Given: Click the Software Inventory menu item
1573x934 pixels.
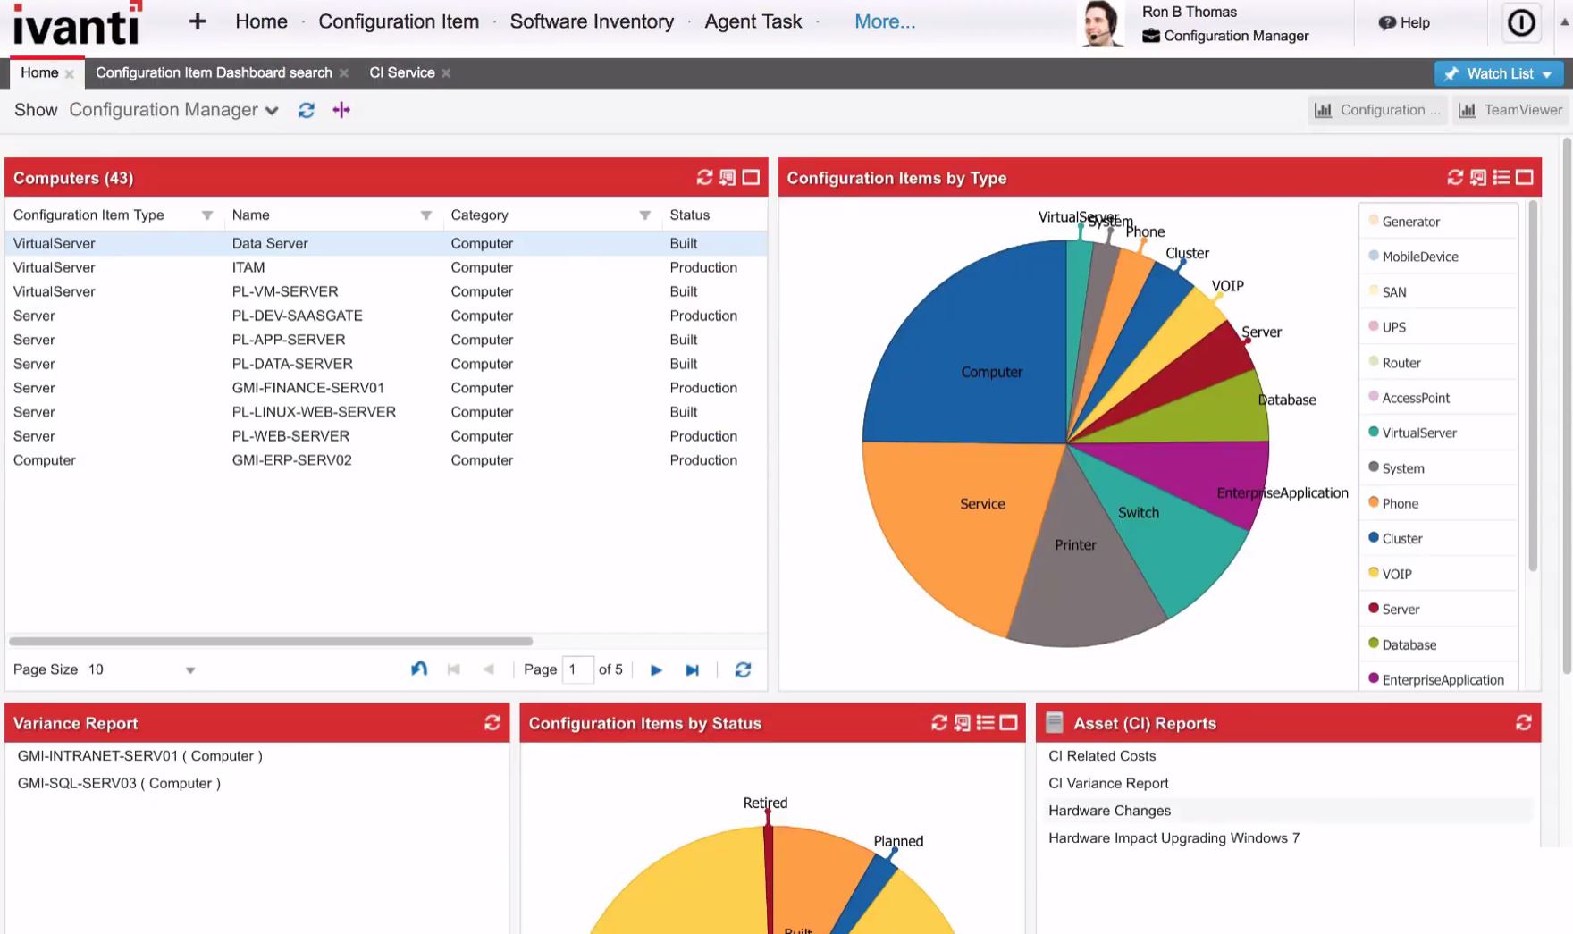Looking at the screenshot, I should pos(592,21).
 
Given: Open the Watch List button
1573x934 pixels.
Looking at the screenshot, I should pos(1499,73).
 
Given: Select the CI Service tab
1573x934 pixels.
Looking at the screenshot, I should pos(401,72).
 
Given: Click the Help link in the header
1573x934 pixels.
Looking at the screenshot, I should pos(1405,22).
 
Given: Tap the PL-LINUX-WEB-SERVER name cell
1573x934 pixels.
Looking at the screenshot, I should pos(314,412).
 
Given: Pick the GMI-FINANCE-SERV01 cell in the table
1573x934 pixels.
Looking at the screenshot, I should pos(307,388).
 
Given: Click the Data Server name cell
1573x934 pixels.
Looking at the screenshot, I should pos(270,243).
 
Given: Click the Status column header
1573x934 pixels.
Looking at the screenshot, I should pos(689,215).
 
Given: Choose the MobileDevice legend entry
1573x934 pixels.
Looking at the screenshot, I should pos(1419,257).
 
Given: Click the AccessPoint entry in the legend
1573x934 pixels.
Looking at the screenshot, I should pos(1416,398).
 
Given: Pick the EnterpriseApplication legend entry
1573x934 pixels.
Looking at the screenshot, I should pos(1443,680).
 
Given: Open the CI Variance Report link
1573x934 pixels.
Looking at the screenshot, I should pos(1108,783).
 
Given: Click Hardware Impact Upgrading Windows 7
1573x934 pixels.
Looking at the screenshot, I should pos(1173,838).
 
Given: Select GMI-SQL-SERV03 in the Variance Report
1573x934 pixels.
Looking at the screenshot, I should pos(119,783).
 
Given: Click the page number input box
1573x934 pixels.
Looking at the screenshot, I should pos(577,669).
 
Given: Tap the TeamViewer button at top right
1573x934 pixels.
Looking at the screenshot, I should pos(1510,110).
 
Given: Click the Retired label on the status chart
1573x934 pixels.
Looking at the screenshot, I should pos(765,803).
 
